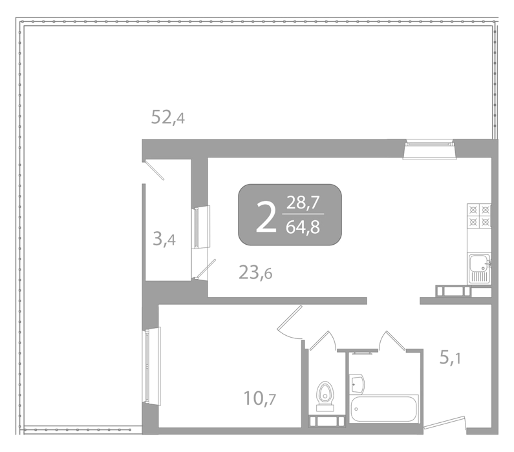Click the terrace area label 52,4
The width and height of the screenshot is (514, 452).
(x=168, y=117)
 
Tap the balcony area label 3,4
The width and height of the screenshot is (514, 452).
(x=164, y=239)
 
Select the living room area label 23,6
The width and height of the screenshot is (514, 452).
(x=255, y=272)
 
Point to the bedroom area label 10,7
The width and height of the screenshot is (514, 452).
(x=260, y=398)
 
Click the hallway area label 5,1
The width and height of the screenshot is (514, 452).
(x=450, y=358)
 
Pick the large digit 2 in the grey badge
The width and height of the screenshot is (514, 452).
(x=266, y=213)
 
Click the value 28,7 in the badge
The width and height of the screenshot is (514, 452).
(x=303, y=202)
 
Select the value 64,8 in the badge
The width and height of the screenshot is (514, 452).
(x=303, y=227)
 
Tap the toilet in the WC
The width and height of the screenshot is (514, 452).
(x=325, y=396)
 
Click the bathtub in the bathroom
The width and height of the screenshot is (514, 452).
(x=383, y=409)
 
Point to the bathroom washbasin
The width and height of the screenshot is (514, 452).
(x=357, y=384)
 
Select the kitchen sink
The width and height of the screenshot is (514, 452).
(x=479, y=269)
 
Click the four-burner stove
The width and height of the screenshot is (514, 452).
(x=479, y=216)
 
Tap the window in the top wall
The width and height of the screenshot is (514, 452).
(x=429, y=149)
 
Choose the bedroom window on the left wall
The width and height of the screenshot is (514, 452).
(x=151, y=366)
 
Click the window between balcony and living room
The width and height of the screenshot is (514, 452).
(x=200, y=227)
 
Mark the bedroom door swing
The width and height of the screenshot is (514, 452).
(x=290, y=323)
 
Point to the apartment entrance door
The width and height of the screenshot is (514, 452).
(x=445, y=422)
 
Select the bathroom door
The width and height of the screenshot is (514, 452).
(x=392, y=340)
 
